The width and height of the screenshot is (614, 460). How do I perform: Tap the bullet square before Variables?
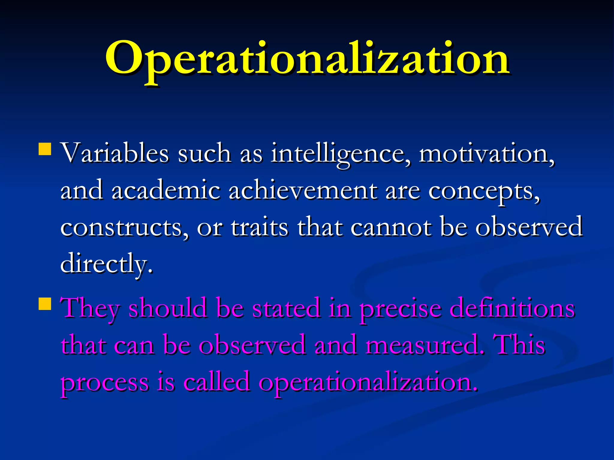pyautogui.click(x=45, y=149)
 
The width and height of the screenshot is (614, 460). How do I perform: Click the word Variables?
pyautogui.click(x=115, y=153)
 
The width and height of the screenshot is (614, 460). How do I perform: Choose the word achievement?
pyautogui.click(x=303, y=190)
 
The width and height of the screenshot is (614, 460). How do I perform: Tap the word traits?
pyautogui.click(x=259, y=228)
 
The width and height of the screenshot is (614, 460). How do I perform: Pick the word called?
pyautogui.click(x=216, y=382)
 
